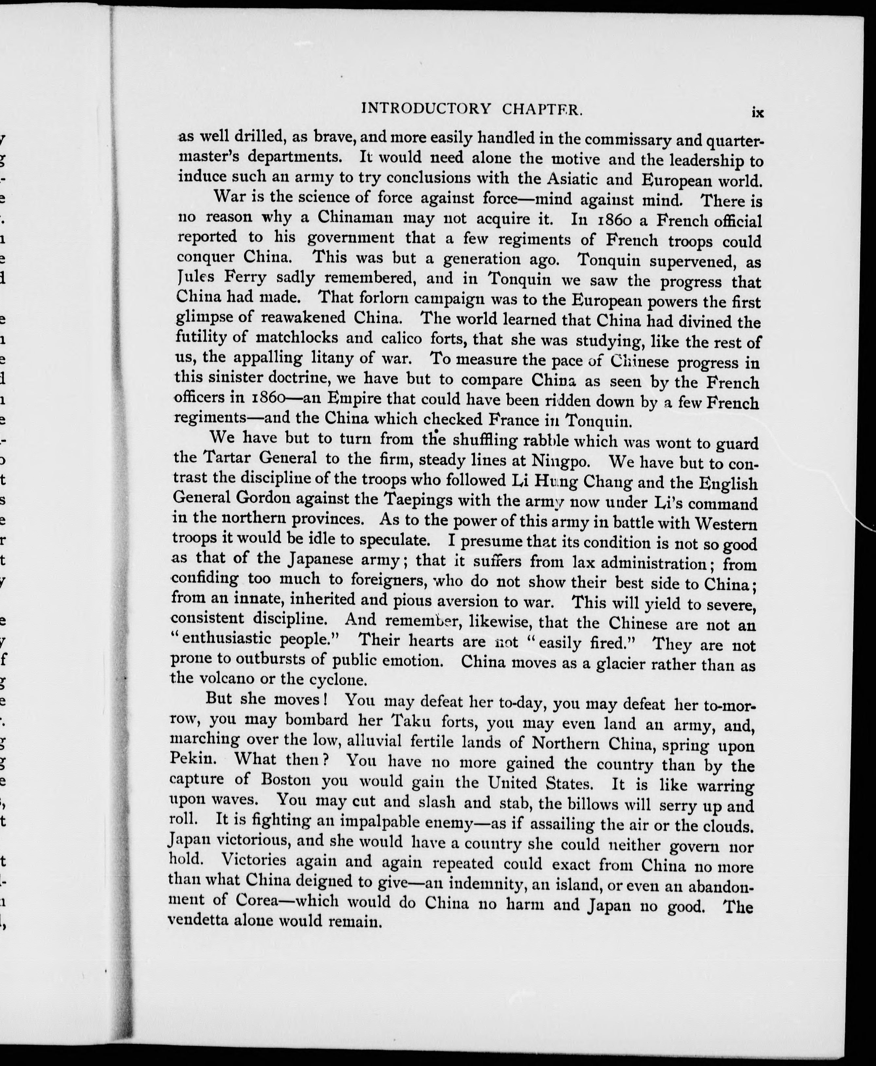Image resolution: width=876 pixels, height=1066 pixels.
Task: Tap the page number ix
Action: coord(757,113)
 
